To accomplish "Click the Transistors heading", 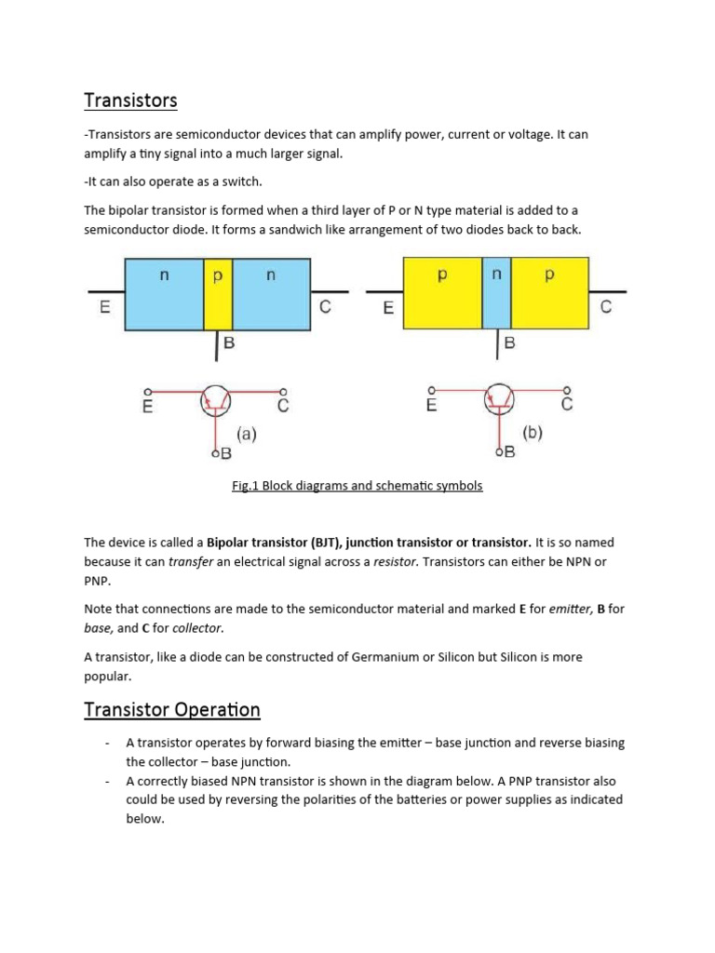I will pyautogui.click(x=130, y=100).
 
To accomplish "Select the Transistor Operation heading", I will pyautogui.click(x=172, y=710).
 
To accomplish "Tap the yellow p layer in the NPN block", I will pyautogui.click(x=218, y=293).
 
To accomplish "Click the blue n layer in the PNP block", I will pyautogui.click(x=496, y=293).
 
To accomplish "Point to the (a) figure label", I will pyautogui.click(x=246, y=434).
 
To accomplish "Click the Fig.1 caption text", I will pyautogui.click(x=357, y=486).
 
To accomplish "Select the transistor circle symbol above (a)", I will pyautogui.click(x=216, y=402).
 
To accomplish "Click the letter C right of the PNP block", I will pyautogui.click(x=606, y=307).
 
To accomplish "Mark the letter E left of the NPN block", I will pyautogui.click(x=105, y=308).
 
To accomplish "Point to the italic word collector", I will pyautogui.click(x=197, y=628).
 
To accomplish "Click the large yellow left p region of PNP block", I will pyautogui.click(x=441, y=293).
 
